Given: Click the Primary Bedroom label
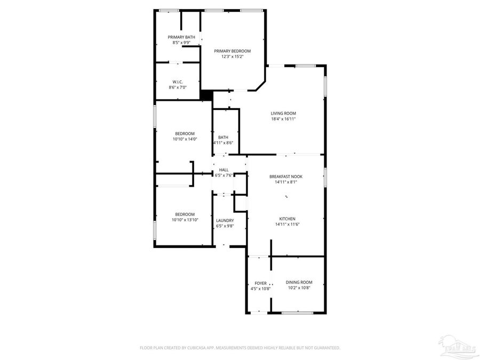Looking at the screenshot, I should [232, 51].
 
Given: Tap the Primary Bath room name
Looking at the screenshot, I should [181, 37].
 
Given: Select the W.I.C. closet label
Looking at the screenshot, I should [178, 82].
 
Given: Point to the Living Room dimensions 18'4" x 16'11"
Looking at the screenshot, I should [283, 119].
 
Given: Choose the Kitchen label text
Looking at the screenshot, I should [287, 219].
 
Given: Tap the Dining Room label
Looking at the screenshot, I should [299, 282].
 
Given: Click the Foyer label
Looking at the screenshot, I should [260, 283].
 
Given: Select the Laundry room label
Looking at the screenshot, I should [225, 220].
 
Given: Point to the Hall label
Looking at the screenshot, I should [223, 170].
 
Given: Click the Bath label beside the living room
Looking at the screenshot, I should [223, 137].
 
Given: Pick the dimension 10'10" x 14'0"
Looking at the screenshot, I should [185, 139].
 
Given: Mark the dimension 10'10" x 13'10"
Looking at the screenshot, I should [185, 220].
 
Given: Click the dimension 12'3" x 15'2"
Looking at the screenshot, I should [232, 57].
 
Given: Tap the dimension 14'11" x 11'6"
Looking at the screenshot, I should [287, 225].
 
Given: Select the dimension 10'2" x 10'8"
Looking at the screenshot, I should [299, 288].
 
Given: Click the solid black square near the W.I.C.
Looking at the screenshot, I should [206, 95].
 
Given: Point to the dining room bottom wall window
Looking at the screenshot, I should [297, 313].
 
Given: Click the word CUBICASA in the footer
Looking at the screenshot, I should [197, 348].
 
